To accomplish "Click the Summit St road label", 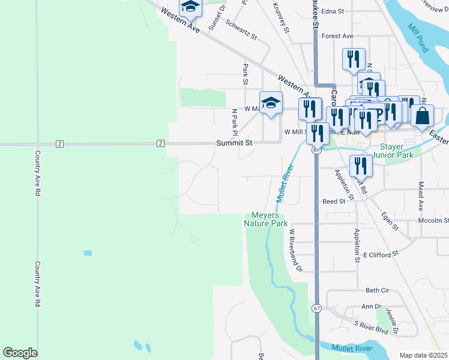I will (235, 143).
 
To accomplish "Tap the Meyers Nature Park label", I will (266, 219).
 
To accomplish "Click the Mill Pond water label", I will (417, 37).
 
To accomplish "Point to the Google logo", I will (20, 353).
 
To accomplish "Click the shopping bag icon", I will (423, 116).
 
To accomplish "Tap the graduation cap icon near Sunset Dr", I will (190, 7).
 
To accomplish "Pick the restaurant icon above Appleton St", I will (361, 166).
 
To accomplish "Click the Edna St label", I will (333, 11).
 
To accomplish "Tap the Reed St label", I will (334, 202).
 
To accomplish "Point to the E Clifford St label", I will (381, 255).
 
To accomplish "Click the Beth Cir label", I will (378, 290).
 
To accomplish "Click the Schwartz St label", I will (241, 29).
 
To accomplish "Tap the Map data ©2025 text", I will (423, 355).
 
